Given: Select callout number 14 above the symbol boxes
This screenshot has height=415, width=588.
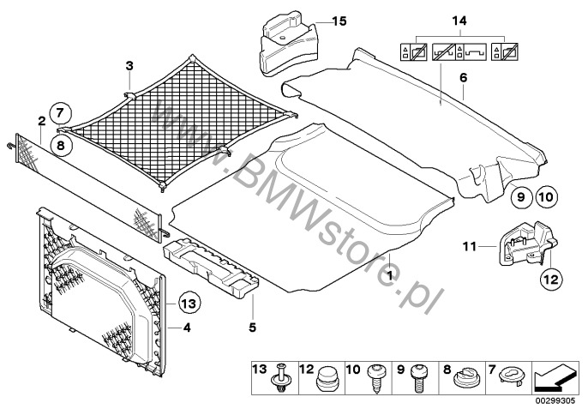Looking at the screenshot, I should [465, 19].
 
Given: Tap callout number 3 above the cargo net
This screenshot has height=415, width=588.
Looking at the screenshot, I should [129, 66].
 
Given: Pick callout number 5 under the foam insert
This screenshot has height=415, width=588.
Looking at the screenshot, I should [251, 327].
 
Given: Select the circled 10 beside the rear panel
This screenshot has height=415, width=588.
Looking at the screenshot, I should [547, 196].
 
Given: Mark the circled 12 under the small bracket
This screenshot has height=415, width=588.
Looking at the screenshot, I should [549, 277].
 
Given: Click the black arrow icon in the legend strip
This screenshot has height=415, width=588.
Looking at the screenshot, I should [555, 376].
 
